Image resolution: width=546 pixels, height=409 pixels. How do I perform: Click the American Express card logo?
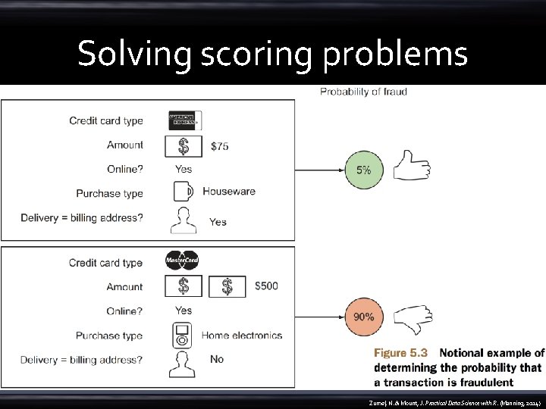184,120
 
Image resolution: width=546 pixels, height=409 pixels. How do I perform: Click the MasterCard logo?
182,261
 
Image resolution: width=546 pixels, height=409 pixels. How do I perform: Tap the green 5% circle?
364,170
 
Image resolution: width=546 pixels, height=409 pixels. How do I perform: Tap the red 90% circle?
364,316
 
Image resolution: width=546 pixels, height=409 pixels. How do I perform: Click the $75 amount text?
219,146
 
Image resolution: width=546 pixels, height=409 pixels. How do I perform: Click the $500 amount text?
266,286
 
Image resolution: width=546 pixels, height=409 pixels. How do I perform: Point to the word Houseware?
229,192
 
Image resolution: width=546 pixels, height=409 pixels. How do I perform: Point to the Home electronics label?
242,335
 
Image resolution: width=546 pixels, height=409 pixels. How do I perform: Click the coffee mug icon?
184,192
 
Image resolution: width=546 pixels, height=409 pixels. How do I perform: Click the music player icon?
182,335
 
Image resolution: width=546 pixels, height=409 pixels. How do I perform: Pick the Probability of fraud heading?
363,92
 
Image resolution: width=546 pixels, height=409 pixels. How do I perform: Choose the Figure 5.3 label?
401,353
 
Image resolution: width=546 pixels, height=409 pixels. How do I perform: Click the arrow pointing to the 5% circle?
318,170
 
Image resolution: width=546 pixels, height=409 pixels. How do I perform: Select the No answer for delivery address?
217,359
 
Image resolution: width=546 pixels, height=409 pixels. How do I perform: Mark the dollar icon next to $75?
184,145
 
